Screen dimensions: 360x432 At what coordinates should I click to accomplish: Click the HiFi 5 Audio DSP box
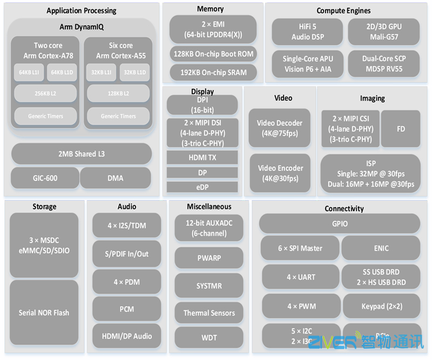click(307, 31)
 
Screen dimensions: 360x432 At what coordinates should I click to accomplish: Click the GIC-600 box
click(45, 178)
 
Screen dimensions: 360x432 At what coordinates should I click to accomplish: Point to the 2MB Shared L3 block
click(81, 154)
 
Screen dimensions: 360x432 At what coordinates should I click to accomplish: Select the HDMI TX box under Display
click(202, 158)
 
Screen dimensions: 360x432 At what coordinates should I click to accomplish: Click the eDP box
click(202, 187)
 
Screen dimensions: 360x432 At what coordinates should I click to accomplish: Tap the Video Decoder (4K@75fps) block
click(280, 128)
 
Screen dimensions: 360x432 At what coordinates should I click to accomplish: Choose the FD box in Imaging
click(401, 129)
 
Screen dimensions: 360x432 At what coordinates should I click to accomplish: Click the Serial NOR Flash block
click(44, 312)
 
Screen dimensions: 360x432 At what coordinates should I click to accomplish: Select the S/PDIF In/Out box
click(126, 254)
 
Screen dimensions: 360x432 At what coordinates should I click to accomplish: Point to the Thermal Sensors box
click(209, 313)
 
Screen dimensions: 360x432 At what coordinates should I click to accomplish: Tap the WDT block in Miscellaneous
click(209, 338)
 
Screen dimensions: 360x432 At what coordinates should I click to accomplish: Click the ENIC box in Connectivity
click(381, 248)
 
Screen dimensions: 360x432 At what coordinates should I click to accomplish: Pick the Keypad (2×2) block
click(381, 306)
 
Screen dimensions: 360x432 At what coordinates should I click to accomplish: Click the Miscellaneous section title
click(209, 206)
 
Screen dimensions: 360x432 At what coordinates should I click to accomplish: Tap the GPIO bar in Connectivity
click(340, 224)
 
